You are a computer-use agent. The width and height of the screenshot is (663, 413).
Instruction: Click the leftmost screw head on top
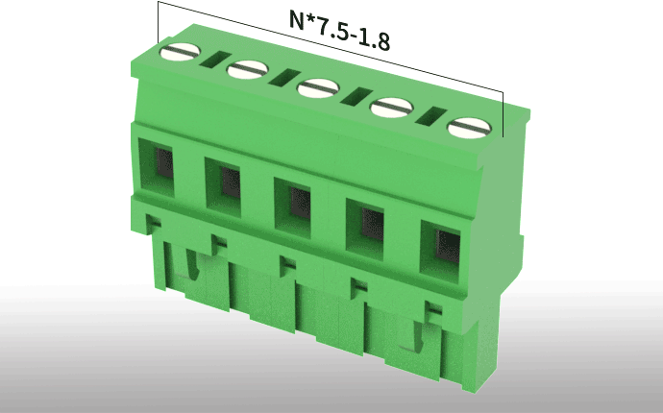(180, 52)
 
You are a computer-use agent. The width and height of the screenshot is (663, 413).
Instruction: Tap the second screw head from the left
(247, 70)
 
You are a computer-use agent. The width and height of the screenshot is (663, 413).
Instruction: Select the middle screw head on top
(318, 88)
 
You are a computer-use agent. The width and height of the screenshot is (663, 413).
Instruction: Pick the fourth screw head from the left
(391, 108)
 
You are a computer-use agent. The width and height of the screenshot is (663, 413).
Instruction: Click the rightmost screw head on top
(469, 128)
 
